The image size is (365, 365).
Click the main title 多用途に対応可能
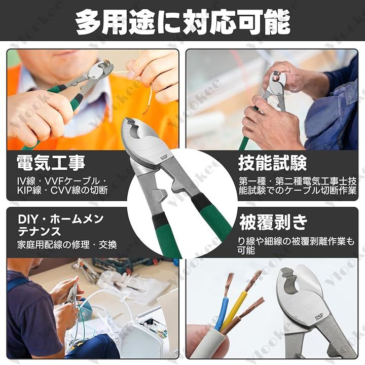point(183,22)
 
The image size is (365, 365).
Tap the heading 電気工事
point(51,163)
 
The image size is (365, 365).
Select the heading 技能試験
point(272,163)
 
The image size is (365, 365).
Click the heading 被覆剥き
point(273,222)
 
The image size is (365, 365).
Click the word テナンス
point(40,231)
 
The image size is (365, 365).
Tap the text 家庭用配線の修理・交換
point(67,245)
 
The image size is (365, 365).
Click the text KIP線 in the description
point(29,190)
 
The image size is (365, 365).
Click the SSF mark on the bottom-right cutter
point(319,316)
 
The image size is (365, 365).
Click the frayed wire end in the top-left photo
point(145,109)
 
